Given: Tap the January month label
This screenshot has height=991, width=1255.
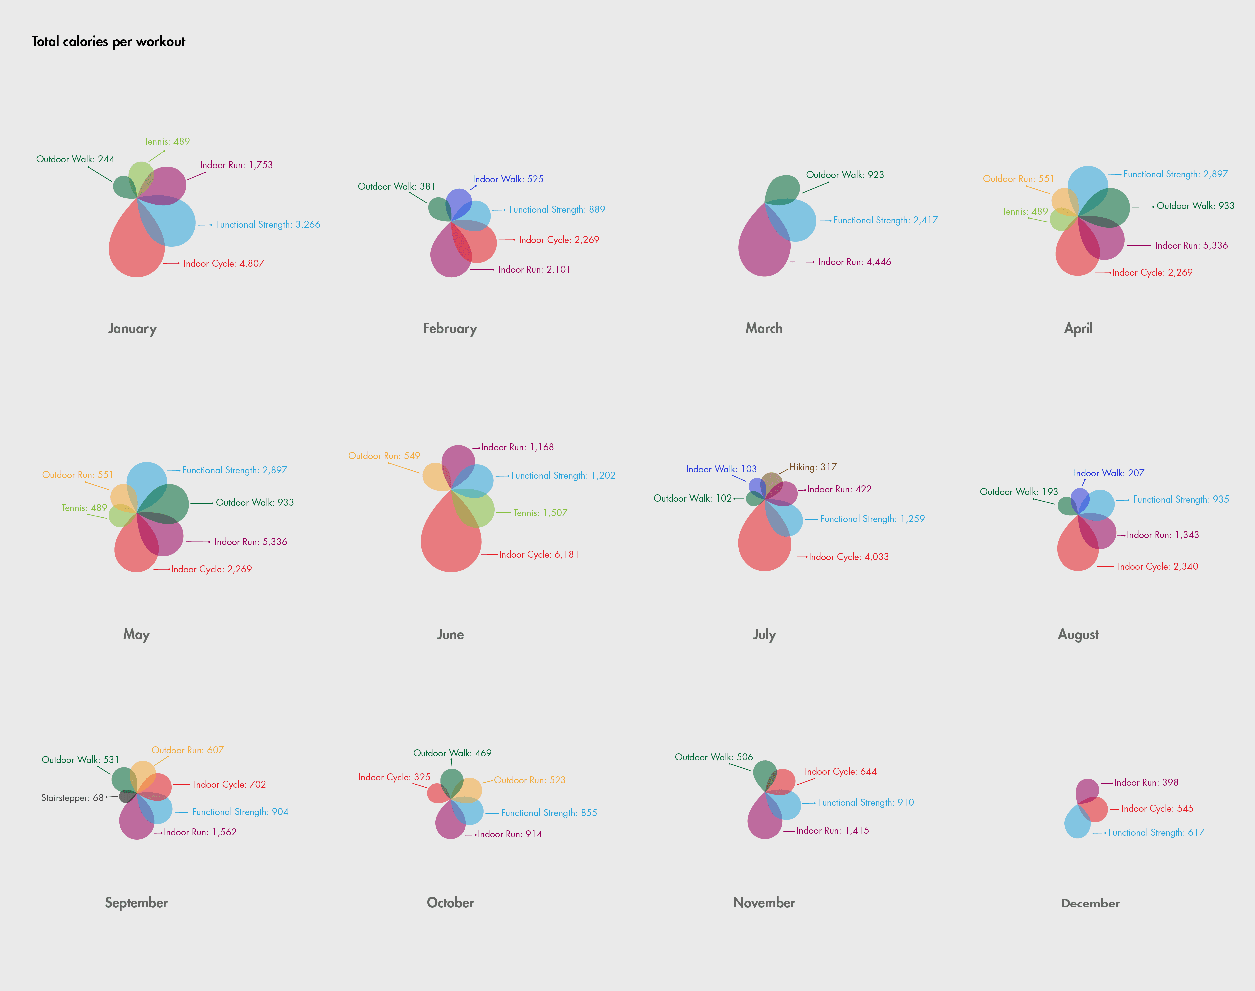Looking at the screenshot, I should (132, 328).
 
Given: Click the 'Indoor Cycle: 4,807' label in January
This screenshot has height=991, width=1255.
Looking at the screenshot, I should (223, 263).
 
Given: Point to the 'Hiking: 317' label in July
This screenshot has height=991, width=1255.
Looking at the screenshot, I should (813, 467).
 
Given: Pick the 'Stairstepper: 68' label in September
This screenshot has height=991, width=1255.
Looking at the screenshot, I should (72, 798).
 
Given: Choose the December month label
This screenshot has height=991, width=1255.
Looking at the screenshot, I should (1090, 903).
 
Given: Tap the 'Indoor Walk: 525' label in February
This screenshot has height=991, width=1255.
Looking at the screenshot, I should (508, 179).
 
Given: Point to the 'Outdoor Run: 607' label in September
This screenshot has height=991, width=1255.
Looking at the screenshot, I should (187, 750).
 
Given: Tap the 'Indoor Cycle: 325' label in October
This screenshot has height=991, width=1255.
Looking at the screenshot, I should (394, 777).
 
